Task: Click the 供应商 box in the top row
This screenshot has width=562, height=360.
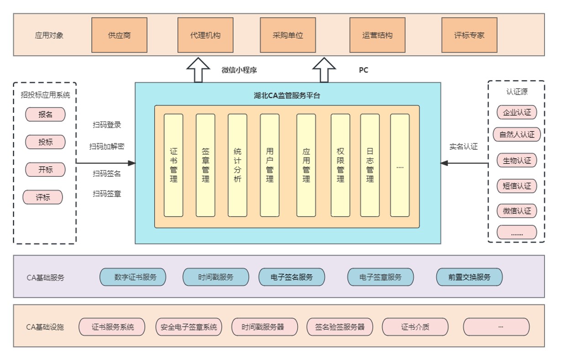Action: pyautogui.click(x=119, y=35)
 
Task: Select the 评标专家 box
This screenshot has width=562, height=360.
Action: pyautogui.click(x=469, y=35)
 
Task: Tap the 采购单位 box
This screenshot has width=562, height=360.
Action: pyautogui.click(x=288, y=35)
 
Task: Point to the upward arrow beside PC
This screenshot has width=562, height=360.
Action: pyautogui.click(x=324, y=70)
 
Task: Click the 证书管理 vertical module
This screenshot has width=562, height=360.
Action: pyautogui.click(x=173, y=165)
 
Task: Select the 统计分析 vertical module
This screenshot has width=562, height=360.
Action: pyautogui.click(x=237, y=165)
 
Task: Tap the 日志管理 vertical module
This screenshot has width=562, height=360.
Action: pyautogui.click(x=370, y=165)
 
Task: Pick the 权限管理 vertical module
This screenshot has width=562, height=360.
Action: pyautogui.click(x=340, y=165)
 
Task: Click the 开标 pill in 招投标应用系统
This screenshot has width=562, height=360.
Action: pyautogui.click(x=45, y=169)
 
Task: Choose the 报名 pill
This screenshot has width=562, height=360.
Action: pyautogui.click(x=45, y=115)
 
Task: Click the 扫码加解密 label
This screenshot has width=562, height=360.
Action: pyautogui.click(x=107, y=147)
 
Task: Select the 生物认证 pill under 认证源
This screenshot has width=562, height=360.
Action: pyautogui.click(x=517, y=161)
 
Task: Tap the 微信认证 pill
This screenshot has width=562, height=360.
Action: pyautogui.click(x=517, y=211)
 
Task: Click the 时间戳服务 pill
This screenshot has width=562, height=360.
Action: pyautogui.click(x=215, y=277)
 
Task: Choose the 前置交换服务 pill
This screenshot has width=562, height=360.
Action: pyautogui.click(x=469, y=277)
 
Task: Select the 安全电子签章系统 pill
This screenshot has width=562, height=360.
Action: pyautogui.click(x=189, y=327)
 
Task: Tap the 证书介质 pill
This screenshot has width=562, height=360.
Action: pyautogui.click(x=415, y=327)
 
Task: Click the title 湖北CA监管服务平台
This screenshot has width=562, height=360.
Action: pyautogui.click(x=288, y=96)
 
